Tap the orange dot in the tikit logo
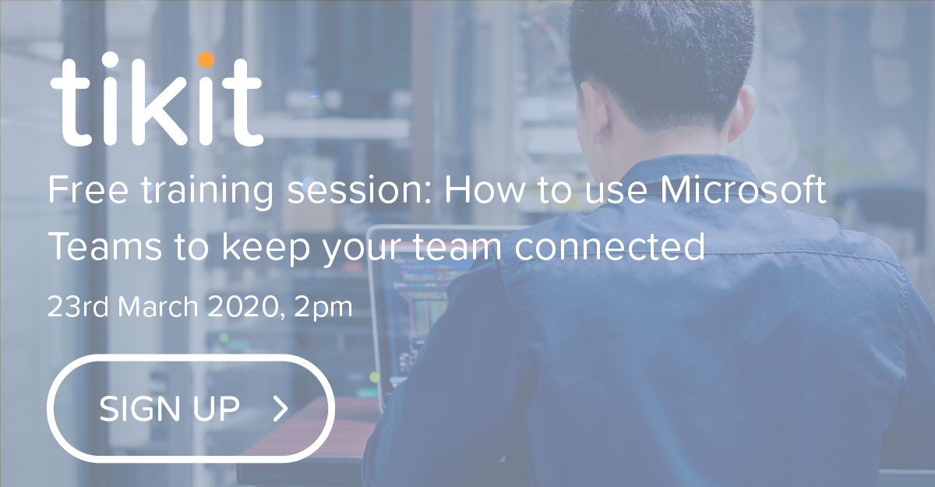click(x=206, y=59)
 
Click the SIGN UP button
click(x=191, y=408)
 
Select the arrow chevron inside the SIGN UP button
click(x=281, y=408)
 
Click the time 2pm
click(x=323, y=307)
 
